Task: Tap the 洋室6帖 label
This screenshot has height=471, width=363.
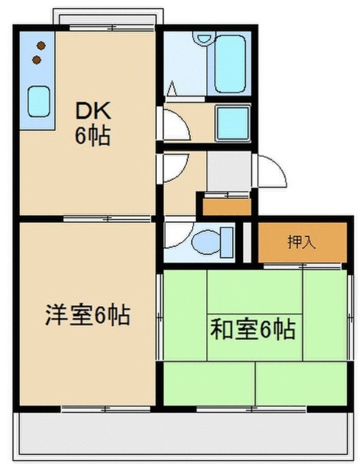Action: [88, 315]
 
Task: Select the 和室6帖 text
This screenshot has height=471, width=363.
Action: [253, 330]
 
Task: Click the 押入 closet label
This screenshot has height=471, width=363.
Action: [302, 242]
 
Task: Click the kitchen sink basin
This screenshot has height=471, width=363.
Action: [38, 102]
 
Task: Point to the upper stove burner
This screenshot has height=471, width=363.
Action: [41, 46]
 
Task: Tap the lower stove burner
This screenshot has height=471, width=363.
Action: [37, 60]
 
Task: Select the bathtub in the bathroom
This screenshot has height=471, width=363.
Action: [230, 64]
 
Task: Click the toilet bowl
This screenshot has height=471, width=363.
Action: [206, 242]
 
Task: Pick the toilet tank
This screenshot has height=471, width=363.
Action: [227, 242]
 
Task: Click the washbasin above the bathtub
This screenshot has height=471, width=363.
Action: [204, 38]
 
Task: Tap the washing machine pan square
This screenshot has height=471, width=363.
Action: [233, 123]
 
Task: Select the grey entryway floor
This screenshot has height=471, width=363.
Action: [229, 171]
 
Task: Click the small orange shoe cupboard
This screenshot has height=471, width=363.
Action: [227, 207]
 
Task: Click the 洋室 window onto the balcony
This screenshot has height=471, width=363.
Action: [106, 409]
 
